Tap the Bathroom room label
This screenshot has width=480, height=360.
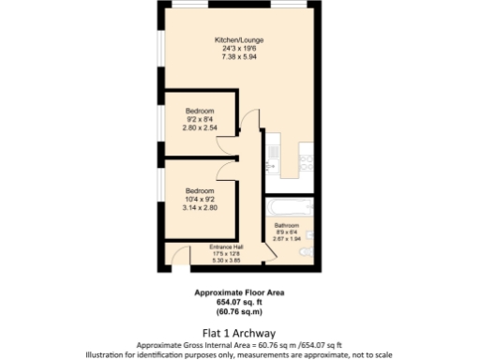coord(286,226)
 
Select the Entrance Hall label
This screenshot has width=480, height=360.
coord(225,247)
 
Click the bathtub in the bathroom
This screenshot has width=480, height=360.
coord(287,205)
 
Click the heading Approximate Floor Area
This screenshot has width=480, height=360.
coord(239,292)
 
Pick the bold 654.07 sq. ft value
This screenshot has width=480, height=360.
coord(239,302)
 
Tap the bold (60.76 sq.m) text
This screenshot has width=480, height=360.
coord(239,311)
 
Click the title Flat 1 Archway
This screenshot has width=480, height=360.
coord(239,331)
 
